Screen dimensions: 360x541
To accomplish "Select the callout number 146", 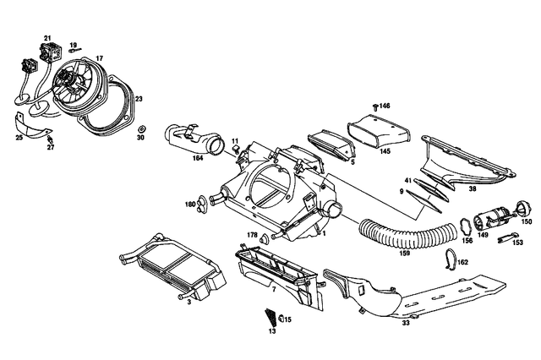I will (384, 106).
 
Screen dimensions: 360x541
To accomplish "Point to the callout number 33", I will (406, 322).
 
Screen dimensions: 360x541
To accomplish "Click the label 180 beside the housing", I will (191, 204).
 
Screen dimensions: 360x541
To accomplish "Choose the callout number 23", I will (139, 99).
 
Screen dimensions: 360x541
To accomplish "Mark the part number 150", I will (527, 221).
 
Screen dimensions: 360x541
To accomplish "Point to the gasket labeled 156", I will (465, 225).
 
